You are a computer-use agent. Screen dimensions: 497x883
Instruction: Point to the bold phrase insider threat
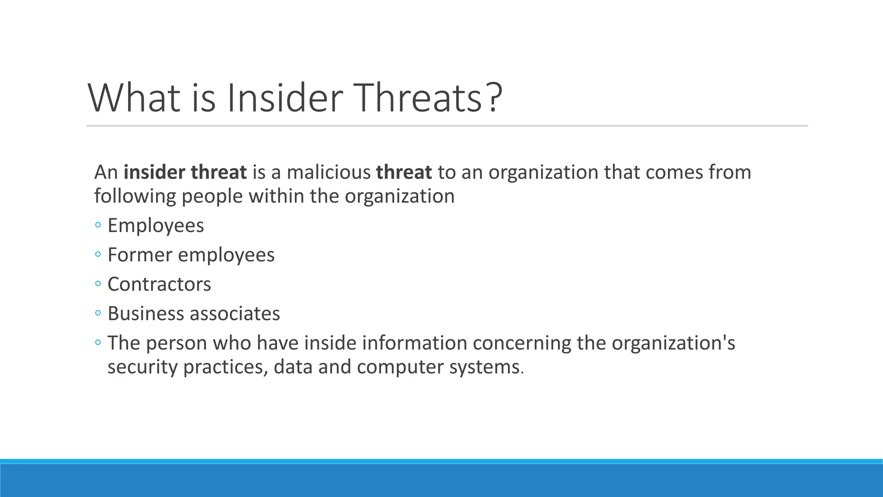(185, 172)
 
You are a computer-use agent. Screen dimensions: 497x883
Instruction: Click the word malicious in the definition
(329, 172)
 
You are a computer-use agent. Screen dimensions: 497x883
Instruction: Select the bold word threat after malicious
(404, 172)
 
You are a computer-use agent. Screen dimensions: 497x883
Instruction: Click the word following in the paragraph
(135, 196)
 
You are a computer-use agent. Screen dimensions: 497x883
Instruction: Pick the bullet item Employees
(156, 226)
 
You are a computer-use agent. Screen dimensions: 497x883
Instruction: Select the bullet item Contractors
(159, 284)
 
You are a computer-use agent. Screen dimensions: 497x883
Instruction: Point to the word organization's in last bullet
(673, 343)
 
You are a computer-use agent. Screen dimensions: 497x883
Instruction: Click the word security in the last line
(142, 367)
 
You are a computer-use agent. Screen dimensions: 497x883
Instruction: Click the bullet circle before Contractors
(98, 284)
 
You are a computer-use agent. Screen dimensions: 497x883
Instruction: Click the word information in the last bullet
(414, 343)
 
